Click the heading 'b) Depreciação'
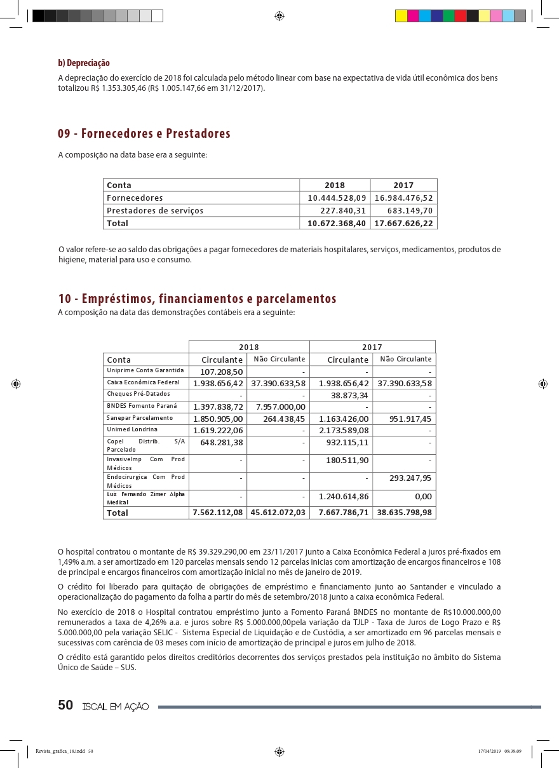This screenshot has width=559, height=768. (84, 64)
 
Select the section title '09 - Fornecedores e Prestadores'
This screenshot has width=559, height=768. (144, 134)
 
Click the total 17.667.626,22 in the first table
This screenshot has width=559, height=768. (404, 223)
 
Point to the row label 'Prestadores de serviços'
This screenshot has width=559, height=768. (155, 211)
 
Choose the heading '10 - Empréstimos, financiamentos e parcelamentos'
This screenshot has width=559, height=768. (197, 299)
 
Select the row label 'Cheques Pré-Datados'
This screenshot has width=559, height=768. (138, 394)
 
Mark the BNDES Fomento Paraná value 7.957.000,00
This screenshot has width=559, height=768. (281, 407)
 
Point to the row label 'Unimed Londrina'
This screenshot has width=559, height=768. (132, 430)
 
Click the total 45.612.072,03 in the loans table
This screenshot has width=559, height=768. (278, 513)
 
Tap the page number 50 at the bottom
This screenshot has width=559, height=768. (65, 706)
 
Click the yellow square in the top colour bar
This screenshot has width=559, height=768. (401, 16)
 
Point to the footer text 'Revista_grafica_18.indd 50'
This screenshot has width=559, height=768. (65, 751)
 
